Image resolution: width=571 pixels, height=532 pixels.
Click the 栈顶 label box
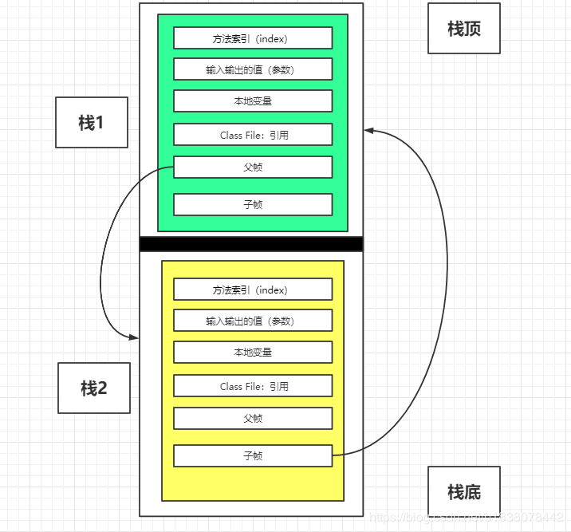[463, 29]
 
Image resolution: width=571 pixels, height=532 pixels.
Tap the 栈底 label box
[463, 492]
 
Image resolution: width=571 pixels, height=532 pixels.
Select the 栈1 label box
[91, 123]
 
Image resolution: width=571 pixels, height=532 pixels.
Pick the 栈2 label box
[93, 388]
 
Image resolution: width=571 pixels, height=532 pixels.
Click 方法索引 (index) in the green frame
[252, 38]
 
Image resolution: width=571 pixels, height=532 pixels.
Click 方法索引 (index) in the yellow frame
[252, 290]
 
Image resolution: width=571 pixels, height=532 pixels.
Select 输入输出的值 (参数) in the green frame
[252, 69]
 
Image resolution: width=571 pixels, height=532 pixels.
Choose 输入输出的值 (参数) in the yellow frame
[252, 321]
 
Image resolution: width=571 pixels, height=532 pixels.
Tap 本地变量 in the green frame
[252, 101]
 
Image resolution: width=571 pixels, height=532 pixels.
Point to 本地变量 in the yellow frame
[252, 353]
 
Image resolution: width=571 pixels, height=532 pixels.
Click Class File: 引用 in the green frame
[252, 135]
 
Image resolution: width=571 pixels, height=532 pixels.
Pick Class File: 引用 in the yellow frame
[252, 386]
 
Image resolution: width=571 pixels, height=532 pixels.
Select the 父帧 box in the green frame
[252, 167]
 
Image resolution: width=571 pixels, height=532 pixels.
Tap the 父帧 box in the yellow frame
[252, 419]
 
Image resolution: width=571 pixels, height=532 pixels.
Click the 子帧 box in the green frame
[252, 205]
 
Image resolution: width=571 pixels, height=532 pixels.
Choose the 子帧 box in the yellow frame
[252, 456]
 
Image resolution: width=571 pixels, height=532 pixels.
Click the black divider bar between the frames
[251, 244]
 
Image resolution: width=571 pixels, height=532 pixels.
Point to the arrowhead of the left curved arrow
[134, 337]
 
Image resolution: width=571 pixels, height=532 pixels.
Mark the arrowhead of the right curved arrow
[368, 130]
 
